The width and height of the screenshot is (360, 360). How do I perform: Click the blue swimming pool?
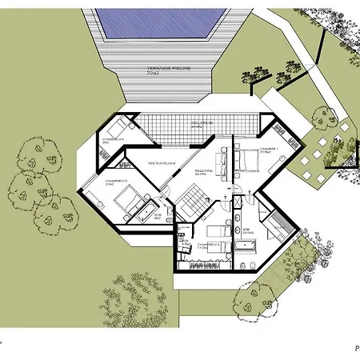[156, 23]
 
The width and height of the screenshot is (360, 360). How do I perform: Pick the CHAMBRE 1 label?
[269, 149]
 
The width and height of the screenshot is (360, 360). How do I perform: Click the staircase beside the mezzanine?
[192, 197]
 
